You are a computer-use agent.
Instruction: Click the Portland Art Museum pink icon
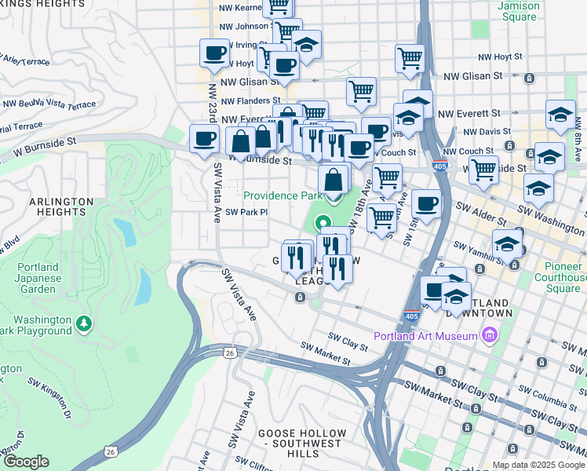pyautogui.click(x=490, y=336)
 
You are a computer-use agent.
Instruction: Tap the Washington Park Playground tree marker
pyautogui.click(x=84, y=323)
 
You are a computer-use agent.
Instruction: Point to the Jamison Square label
pyautogui.click(x=519, y=11)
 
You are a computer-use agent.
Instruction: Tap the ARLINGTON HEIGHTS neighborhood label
pyautogui.click(x=57, y=206)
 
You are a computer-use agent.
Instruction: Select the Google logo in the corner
pyautogui.click(x=26, y=462)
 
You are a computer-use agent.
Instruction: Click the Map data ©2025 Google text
pyautogui.click(x=538, y=465)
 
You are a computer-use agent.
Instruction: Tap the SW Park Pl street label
pyautogui.click(x=246, y=212)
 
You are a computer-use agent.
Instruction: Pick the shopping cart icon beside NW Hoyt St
pyautogui.click(x=410, y=59)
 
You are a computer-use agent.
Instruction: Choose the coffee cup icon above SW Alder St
pyautogui.click(x=426, y=204)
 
